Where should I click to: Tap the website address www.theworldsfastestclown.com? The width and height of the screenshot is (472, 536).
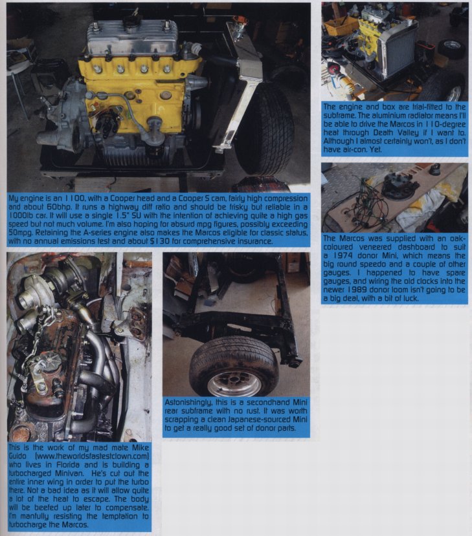(92, 456)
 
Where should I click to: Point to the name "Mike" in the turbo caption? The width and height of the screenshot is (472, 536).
(140, 448)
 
